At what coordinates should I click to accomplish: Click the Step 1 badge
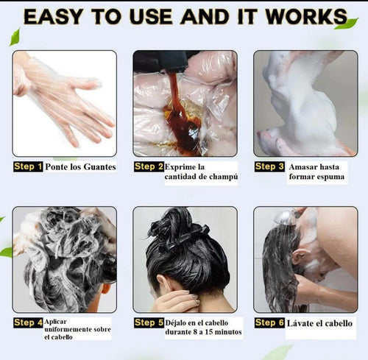28,166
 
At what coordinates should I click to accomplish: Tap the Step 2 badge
149,166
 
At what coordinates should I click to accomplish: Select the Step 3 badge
269,166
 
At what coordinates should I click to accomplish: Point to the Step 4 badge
28,322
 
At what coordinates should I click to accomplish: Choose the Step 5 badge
149,322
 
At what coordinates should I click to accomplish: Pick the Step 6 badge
269,322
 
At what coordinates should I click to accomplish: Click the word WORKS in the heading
306,17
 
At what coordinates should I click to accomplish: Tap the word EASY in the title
53,17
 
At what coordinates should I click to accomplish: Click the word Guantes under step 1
100,167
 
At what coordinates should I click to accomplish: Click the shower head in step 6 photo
286,216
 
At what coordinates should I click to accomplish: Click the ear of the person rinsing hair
297,257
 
